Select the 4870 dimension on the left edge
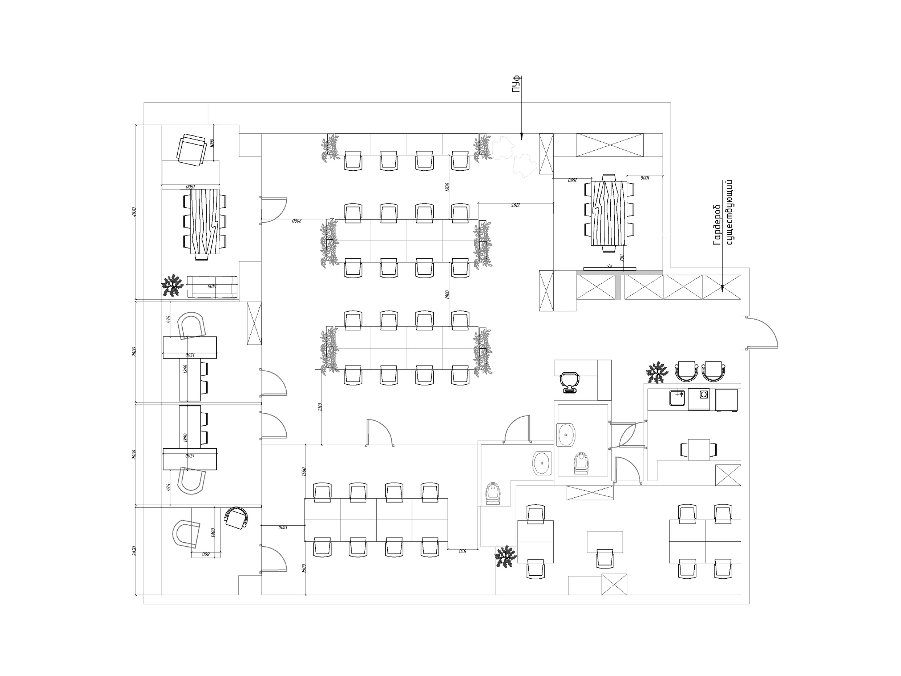pos(134,212)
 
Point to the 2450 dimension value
pos(134,551)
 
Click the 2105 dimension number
pos(515,206)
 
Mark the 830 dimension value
pos(463,551)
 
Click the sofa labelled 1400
pos(212,287)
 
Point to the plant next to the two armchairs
pos(656,372)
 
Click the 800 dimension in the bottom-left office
pos(206,554)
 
